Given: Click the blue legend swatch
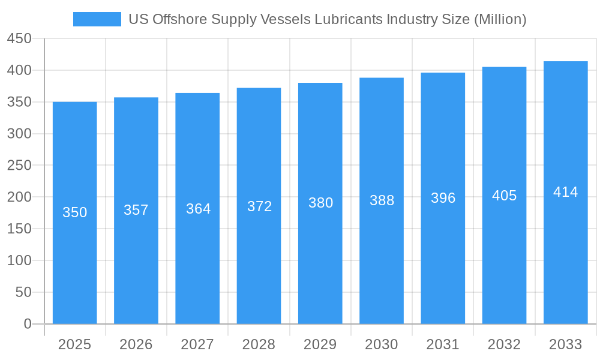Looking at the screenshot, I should click(x=97, y=19).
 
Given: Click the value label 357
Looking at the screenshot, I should click(x=136, y=210).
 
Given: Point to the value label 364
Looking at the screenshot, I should click(x=197, y=209).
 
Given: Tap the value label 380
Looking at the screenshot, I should click(x=320, y=203).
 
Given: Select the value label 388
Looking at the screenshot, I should click(x=382, y=200).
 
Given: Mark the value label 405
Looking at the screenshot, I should click(x=504, y=196).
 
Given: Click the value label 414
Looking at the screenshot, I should click(x=565, y=192).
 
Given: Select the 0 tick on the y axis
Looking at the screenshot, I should click(x=28, y=324).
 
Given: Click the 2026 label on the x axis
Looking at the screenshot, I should click(x=136, y=344).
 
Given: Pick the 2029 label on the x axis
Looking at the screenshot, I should click(x=320, y=344).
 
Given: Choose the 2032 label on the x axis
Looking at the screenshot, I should click(x=504, y=344).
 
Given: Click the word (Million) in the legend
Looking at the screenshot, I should click(x=500, y=19).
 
